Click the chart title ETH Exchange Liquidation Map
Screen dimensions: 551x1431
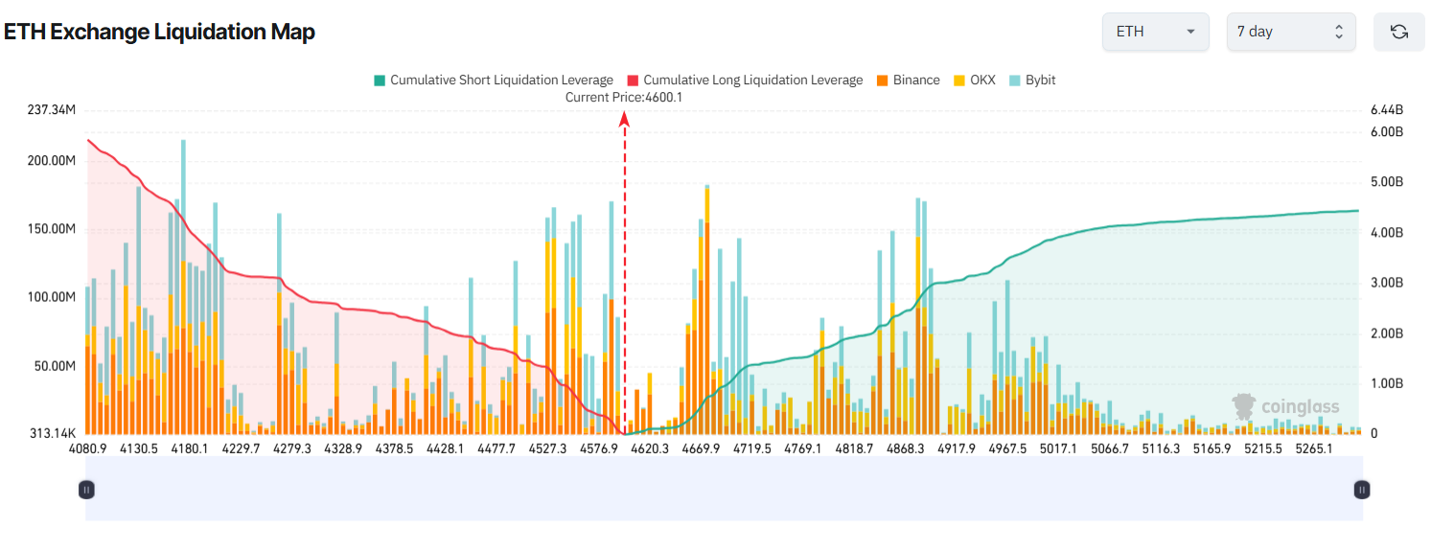pos(159,32)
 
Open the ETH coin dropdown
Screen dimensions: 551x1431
pos(1156,32)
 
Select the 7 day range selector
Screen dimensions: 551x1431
pos(1290,32)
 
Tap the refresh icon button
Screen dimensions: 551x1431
pos(1398,32)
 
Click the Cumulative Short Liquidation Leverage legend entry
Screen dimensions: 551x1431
pos(493,80)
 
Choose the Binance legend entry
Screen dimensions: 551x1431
pos(908,80)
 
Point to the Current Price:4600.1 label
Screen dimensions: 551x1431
pos(624,97)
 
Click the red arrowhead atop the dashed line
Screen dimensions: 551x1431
pos(624,119)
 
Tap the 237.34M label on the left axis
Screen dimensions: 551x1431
pos(52,111)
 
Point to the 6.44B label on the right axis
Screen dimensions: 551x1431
pos(1387,111)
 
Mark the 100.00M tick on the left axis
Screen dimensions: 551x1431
pos(52,298)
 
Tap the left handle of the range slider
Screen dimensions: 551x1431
pos(86,490)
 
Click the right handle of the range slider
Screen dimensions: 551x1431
pos(1362,490)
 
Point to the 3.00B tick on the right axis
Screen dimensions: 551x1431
pos(1387,283)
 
